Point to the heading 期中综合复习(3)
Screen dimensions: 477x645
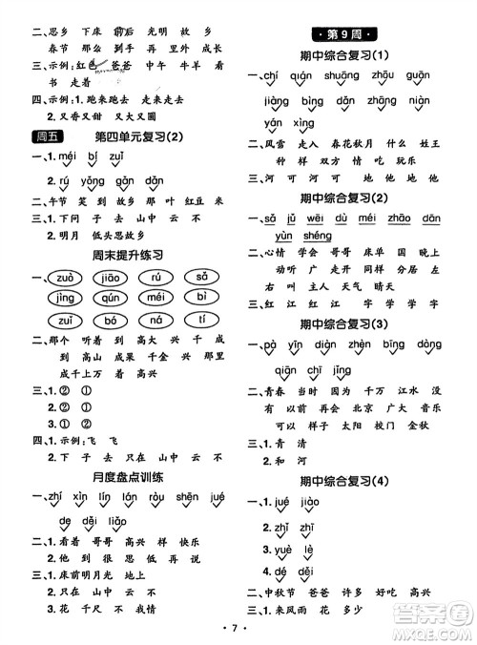tap(356, 323)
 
